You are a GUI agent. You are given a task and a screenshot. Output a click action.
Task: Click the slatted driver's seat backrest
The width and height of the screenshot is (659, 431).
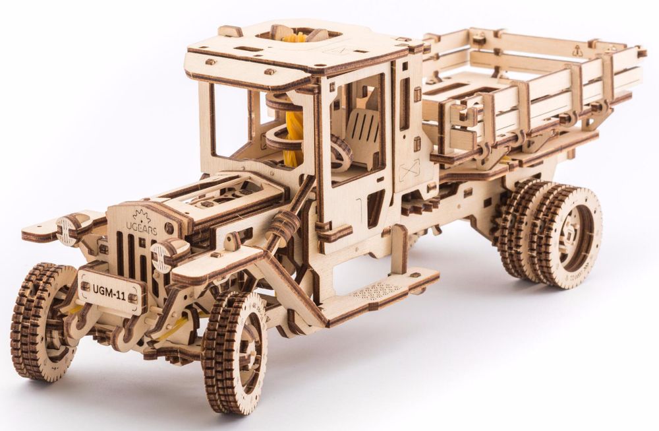[363, 131]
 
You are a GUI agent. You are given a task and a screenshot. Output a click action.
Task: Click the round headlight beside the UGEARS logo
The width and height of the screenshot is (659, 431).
[161, 255]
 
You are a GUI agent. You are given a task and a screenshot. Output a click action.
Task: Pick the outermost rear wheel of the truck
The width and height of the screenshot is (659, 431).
[569, 236]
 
